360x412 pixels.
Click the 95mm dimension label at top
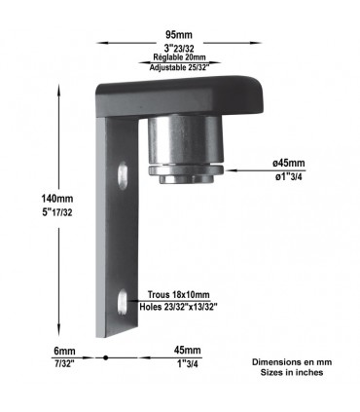pyautogui.click(x=178, y=34)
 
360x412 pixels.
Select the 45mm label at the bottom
pyautogui.click(x=187, y=350)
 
